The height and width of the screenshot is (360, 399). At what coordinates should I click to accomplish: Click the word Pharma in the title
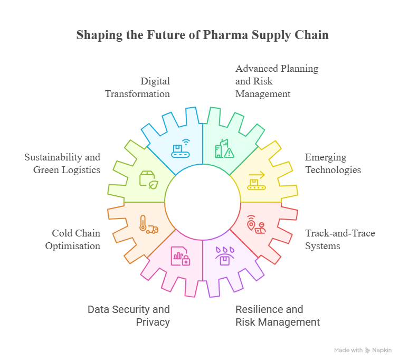coord(225,35)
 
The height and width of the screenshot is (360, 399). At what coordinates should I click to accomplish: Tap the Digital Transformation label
coord(137,88)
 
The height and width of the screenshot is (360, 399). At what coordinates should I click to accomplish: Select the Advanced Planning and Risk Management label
coord(277,81)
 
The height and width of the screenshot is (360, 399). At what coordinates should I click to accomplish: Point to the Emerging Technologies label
coord(333,163)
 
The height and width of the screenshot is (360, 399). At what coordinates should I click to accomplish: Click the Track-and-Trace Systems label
coord(340,240)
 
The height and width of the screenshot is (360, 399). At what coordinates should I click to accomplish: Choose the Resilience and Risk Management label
coord(278,316)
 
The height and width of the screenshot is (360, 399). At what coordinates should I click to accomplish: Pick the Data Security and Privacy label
coord(129,316)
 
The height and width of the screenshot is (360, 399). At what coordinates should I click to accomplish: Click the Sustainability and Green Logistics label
coord(62,163)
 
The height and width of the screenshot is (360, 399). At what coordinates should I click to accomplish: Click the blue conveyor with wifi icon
coord(180,148)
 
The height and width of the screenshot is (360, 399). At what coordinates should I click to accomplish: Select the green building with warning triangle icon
coord(224,148)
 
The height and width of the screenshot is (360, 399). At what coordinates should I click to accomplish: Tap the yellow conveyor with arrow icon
coord(256,181)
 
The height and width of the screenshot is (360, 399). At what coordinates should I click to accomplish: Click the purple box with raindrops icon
coord(225,256)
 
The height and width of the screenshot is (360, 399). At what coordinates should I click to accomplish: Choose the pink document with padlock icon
coord(180,256)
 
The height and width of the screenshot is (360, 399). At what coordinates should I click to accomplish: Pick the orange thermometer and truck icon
coord(149,224)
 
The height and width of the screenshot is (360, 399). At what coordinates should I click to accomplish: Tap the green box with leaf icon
coord(149,180)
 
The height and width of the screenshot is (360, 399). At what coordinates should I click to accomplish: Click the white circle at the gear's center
coord(203,202)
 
